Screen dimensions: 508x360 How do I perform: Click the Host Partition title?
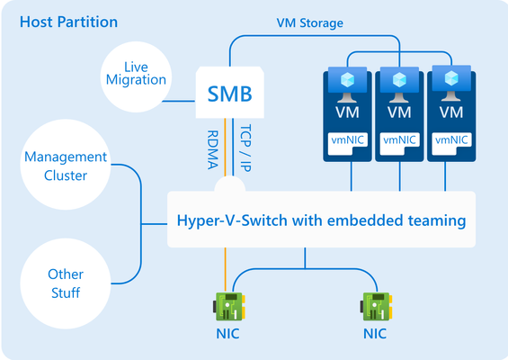pos(68,22)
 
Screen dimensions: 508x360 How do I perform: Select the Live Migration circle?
pos(136,76)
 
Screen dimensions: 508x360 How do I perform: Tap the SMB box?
pos(229,93)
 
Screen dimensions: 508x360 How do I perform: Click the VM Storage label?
pos(309,23)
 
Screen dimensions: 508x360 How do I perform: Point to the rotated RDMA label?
pos(212,149)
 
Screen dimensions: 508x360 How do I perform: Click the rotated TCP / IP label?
pos(245,148)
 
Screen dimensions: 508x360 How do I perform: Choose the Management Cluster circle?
pos(66,165)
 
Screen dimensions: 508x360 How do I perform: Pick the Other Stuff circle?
pos(66,283)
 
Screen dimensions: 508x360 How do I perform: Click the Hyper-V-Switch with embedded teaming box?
pos(321,220)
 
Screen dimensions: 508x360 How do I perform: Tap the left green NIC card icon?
pos(229,307)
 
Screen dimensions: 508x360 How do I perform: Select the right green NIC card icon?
pos(376,307)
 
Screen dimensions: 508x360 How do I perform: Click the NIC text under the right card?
pos(375,334)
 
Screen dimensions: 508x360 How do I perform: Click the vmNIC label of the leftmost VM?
pos(348,139)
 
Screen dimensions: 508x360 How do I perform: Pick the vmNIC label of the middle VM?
pos(399,139)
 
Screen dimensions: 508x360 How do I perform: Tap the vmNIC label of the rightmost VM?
pos(451,139)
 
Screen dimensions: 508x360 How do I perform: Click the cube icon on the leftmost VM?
pos(348,80)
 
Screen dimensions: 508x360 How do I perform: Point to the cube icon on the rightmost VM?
pos(451,78)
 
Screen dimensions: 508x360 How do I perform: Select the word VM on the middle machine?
pos(399,112)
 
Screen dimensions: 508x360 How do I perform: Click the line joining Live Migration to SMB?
pos(179,101)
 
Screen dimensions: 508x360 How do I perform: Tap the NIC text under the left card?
pos(227,334)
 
